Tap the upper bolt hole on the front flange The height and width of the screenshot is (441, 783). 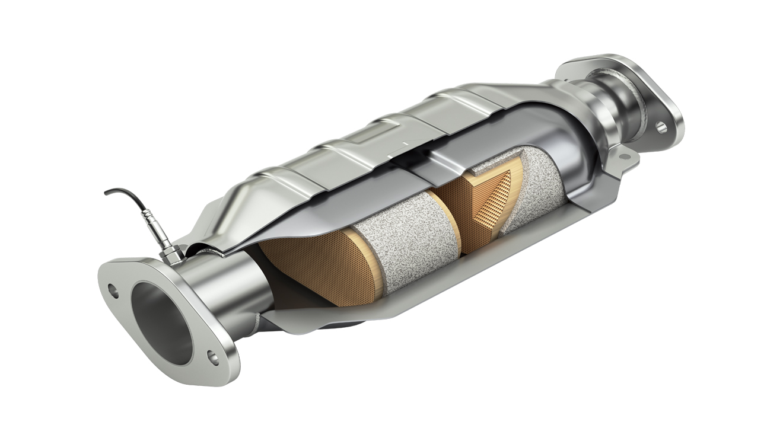tap(113, 290)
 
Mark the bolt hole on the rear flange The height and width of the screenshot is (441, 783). tap(661, 126)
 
